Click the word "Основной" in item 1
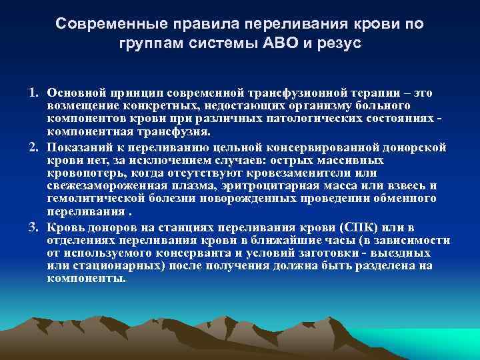point(74,91)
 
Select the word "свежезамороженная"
point(101,186)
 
